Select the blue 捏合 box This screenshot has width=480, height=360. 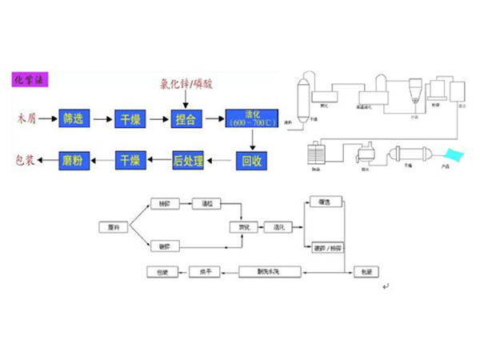(185, 119)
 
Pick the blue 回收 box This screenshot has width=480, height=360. (251, 159)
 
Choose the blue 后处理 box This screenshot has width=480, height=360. (185, 160)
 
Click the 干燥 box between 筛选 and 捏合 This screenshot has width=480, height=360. (130, 119)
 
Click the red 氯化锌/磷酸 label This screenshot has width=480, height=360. (186, 83)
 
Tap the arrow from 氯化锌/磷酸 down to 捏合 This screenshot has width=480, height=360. (186, 99)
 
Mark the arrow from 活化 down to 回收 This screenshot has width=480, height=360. (251, 139)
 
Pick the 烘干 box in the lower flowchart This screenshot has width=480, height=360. (206, 273)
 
